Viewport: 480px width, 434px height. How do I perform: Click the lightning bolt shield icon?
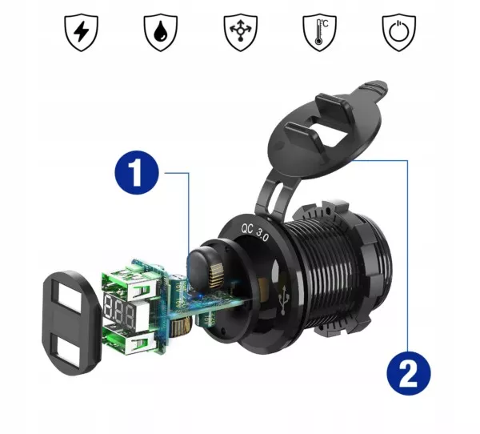click(x=80, y=32)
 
